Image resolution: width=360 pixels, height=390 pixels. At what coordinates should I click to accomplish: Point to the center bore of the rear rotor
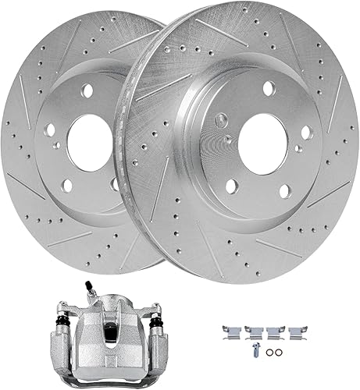[x=89, y=143]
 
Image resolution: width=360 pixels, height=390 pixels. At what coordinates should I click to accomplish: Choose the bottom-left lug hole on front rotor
[x=232, y=186]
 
